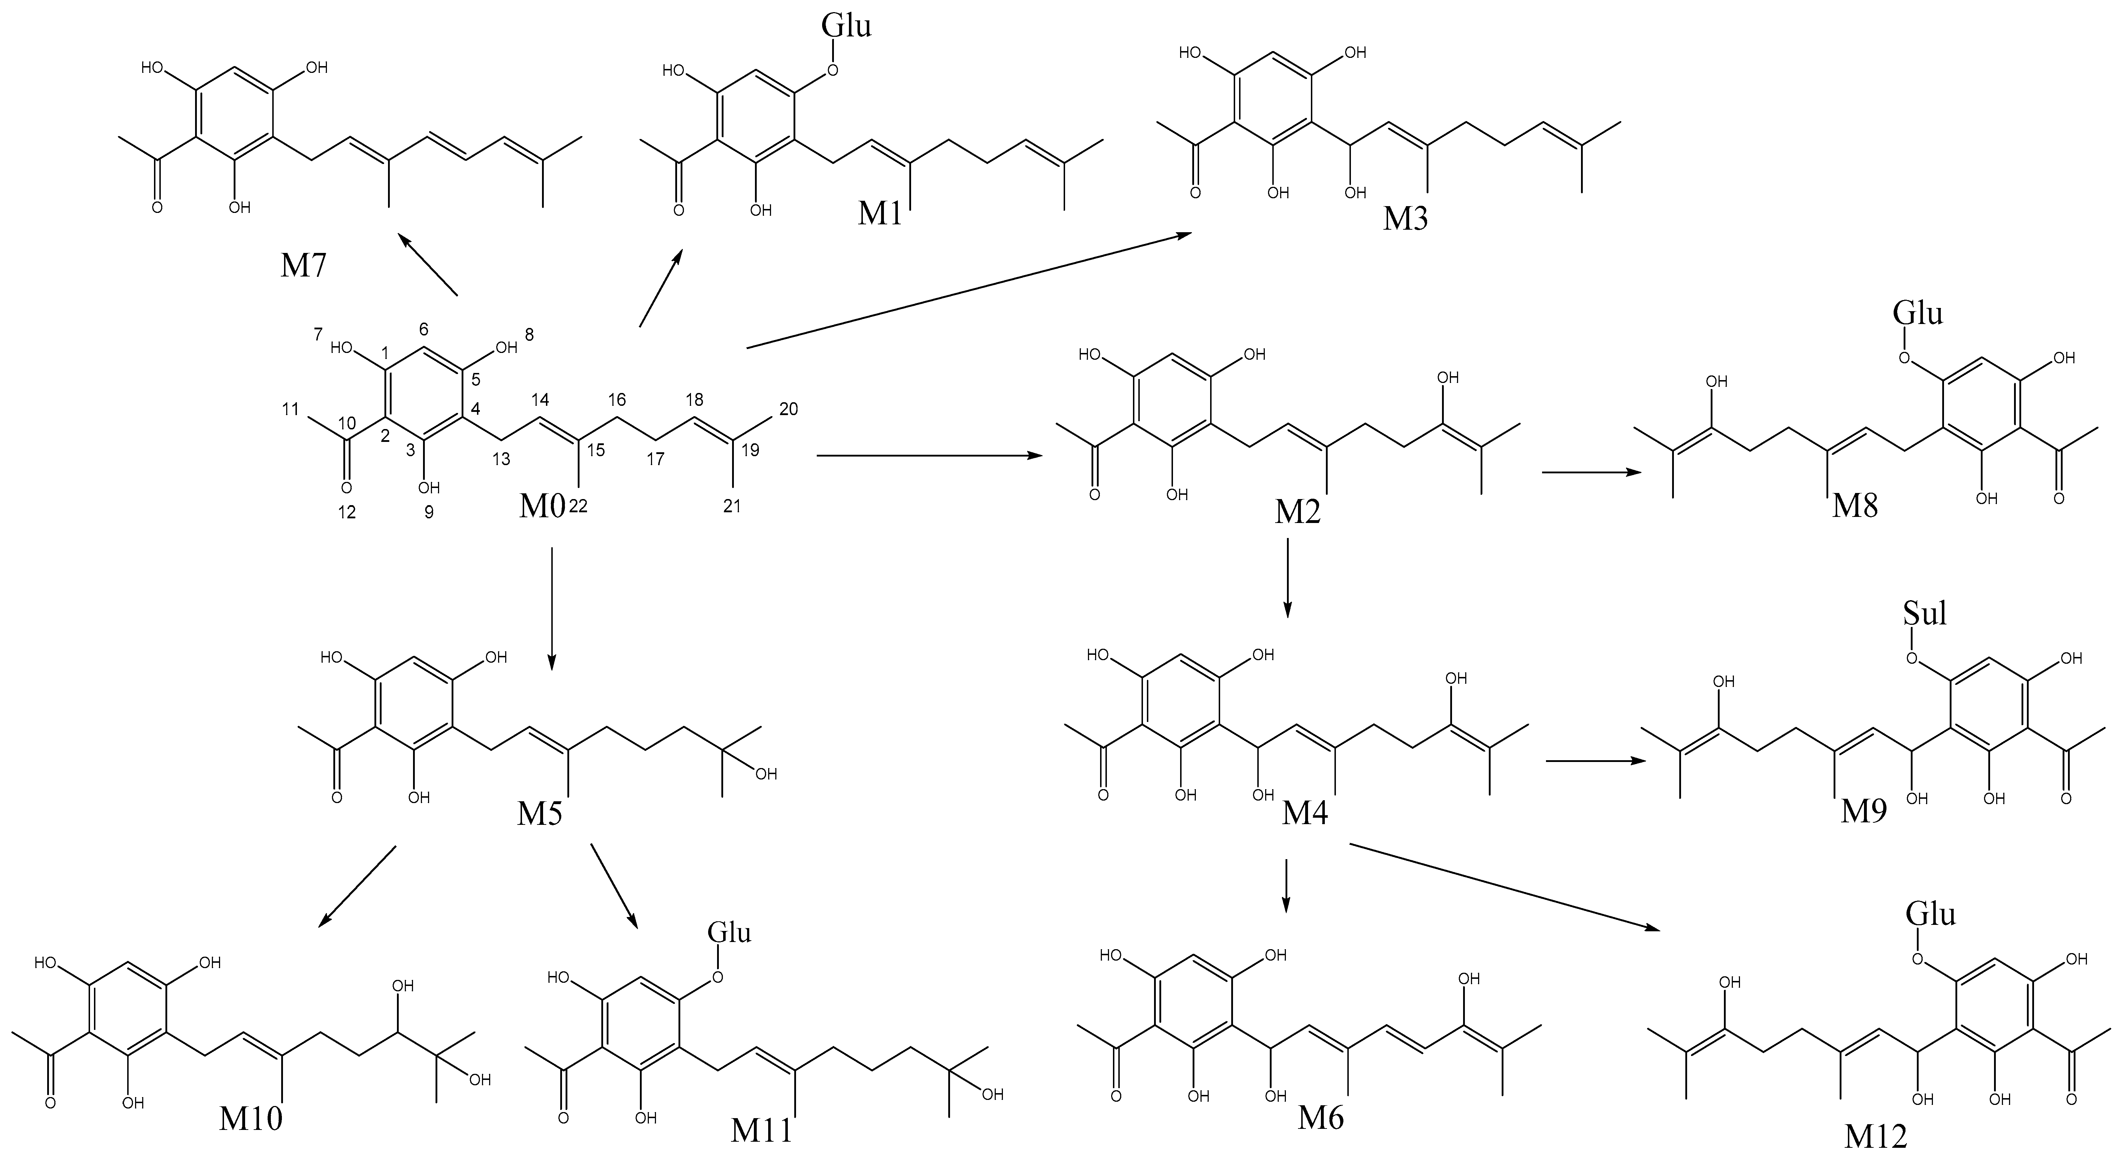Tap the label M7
click(x=303, y=265)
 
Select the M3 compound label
click(x=1405, y=219)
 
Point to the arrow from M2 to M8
click(x=1590, y=472)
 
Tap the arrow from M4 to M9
click(x=1596, y=761)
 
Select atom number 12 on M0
click(x=347, y=512)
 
